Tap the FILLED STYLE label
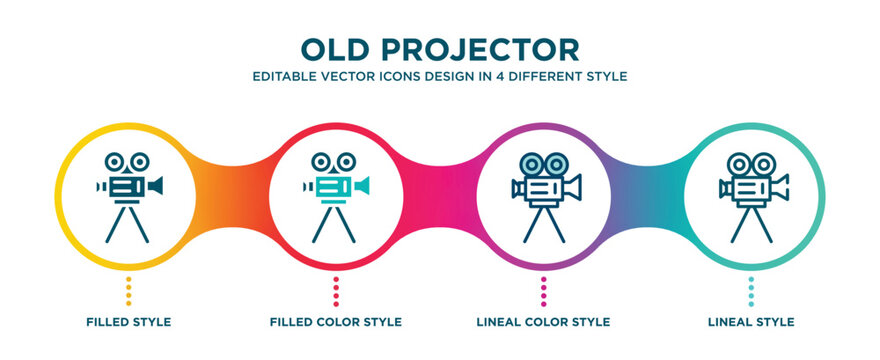pos(128,322)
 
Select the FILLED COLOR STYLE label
pos(336,322)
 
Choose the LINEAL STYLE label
pos(752,322)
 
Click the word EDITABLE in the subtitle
pos(283,76)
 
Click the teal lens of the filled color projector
pos(362,186)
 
